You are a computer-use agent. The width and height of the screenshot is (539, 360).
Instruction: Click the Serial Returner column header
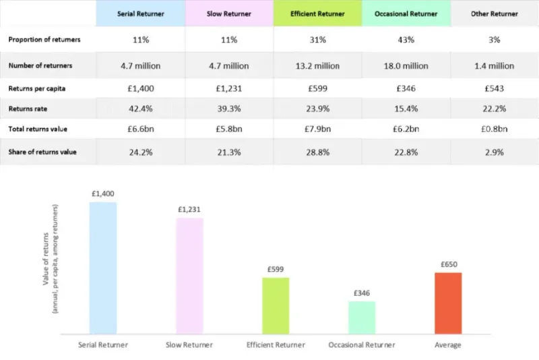(x=140, y=13)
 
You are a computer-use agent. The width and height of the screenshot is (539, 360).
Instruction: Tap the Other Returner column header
(x=494, y=13)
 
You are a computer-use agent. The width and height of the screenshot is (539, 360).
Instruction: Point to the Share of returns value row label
(x=42, y=152)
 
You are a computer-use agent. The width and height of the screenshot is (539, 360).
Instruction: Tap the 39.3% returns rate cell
(x=228, y=108)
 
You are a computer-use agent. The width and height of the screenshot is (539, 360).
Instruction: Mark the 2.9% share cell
(x=494, y=152)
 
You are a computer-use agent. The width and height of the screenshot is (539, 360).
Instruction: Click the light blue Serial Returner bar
(x=103, y=268)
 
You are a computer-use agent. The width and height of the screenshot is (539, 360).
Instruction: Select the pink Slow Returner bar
(x=189, y=276)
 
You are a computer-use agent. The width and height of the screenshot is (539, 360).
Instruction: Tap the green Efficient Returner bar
(x=276, y=305)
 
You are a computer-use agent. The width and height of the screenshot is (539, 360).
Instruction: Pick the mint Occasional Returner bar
(x=362, y=317)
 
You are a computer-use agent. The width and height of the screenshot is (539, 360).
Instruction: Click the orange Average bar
(x=448, y=303)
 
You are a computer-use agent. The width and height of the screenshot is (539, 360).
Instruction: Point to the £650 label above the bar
(x=448, y=264)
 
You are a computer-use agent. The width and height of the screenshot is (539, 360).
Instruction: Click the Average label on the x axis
(x=448, y=345)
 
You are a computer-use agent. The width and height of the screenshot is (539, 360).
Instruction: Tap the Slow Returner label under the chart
(x=189, y=345)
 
